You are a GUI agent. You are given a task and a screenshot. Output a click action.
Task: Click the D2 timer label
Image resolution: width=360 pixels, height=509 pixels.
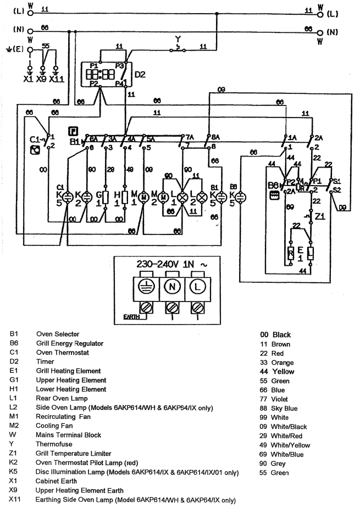[140, 74]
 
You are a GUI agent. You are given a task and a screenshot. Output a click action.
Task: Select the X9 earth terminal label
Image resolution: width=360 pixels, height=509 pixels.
[42, 79]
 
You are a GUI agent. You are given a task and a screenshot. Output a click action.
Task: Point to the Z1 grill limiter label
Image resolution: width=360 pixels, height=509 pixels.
[319, 215]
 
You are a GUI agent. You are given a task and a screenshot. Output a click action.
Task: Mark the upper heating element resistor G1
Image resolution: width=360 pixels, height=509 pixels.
[108, 196]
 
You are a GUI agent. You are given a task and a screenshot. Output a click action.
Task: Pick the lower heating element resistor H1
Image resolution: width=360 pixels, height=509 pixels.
[126, 196]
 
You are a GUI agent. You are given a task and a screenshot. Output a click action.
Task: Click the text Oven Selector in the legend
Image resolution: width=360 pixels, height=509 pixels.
[58, 334]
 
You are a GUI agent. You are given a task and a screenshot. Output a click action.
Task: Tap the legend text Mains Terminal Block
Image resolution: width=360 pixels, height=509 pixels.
[69, 435]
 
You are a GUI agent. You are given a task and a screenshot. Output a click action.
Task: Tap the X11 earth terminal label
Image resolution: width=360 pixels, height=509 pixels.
[57, 79]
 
